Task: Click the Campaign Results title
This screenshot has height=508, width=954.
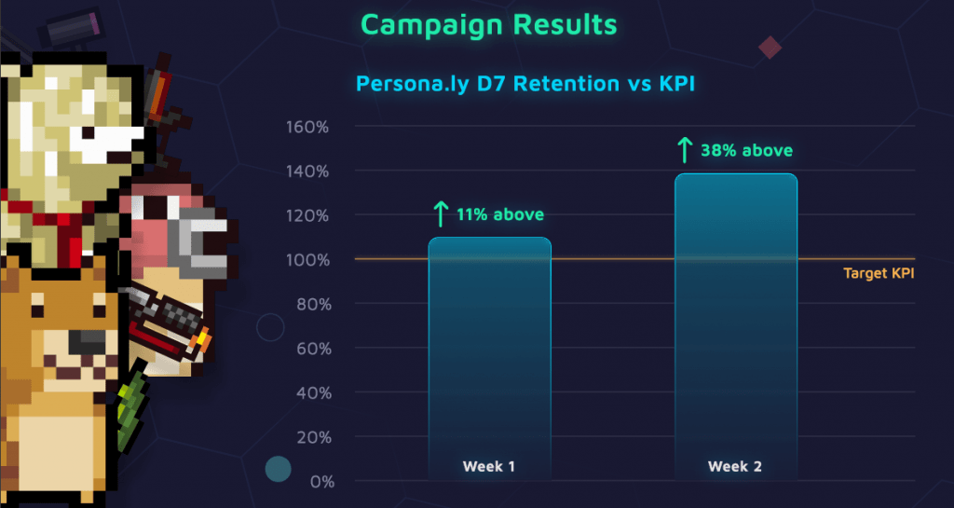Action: pos(488,24)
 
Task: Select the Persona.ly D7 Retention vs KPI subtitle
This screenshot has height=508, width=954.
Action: pos(525,83)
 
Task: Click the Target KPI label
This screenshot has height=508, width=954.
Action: pos(879,273)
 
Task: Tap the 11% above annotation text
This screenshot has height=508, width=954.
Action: pos(499,215)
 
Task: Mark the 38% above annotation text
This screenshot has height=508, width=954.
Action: pos(746,149)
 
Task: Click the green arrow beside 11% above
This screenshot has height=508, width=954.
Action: pos(440,215)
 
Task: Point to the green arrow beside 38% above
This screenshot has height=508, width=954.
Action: pos(685,149)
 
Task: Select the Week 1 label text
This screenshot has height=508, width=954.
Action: pos(489,466)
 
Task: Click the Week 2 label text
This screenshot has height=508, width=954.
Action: pos(735,466)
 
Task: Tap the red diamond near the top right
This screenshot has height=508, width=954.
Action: pos(770,47)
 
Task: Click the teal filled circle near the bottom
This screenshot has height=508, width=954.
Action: pos(279,469)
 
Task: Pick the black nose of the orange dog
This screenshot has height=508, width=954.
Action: pos(84,342)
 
